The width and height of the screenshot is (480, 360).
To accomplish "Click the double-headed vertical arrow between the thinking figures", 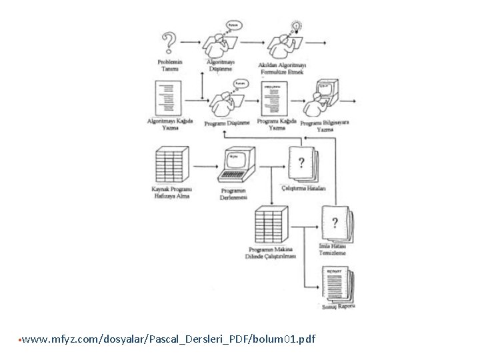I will point(202,85).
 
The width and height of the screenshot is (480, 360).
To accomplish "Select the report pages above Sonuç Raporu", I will point(337,284).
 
